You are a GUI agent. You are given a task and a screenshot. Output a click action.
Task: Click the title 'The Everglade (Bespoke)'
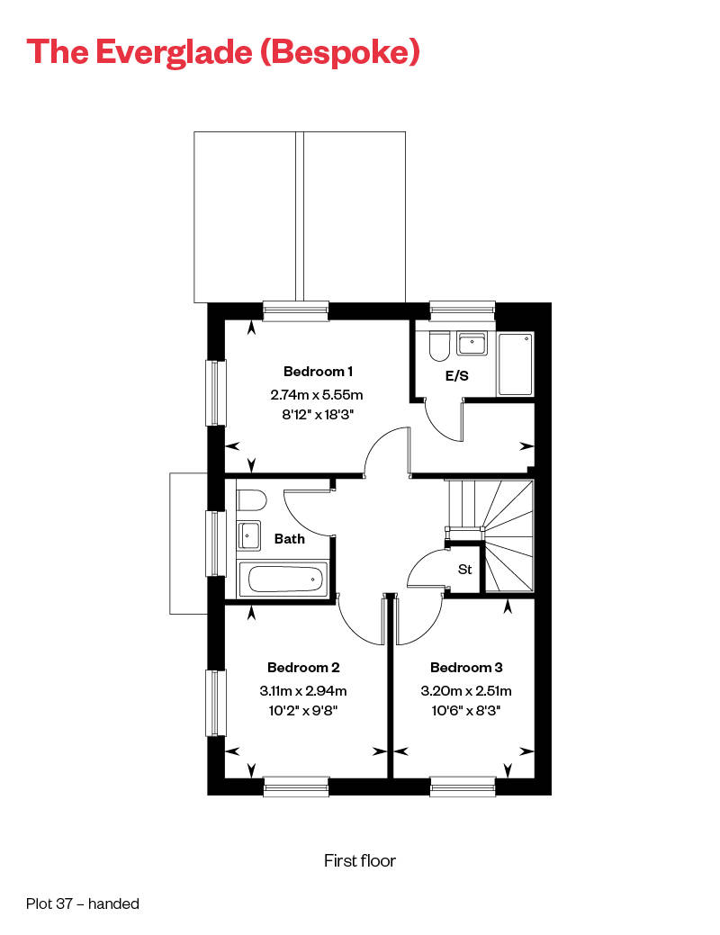click(x=223, y=51)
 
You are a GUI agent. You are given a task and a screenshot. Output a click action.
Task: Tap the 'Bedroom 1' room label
click(x=318, y=371)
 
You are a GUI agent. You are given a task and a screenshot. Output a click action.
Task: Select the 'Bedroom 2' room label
click(x=303, y=667)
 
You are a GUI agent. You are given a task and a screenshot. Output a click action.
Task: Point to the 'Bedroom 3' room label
click(x=466, y=667)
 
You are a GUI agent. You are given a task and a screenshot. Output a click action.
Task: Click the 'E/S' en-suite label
click(x=456, y=376)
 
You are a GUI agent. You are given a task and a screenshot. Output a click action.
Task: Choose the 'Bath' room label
click(x=289, y=539)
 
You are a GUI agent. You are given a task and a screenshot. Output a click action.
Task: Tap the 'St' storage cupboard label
click(x=465, y=569)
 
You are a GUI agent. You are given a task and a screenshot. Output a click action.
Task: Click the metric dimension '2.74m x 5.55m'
click(x=316, y=394)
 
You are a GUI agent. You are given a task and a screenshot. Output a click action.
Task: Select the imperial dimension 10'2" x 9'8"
click(x=303, y=710)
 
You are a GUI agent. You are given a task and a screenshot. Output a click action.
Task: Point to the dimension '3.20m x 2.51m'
click(x=466, y=691)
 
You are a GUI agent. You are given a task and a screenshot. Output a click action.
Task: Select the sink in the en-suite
click(x=472, y=344)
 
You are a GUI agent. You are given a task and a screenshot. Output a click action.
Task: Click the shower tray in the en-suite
click(x=516, y=364)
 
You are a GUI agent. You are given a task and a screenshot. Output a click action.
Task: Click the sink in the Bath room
click(x=248, y=535)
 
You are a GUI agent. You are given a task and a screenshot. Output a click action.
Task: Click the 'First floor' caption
click(x=360, y=861)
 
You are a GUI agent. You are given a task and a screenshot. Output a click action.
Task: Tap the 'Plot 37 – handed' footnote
click(x=83, y=904)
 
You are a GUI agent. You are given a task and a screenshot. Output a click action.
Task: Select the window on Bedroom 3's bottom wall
click(x=463, y=787)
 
